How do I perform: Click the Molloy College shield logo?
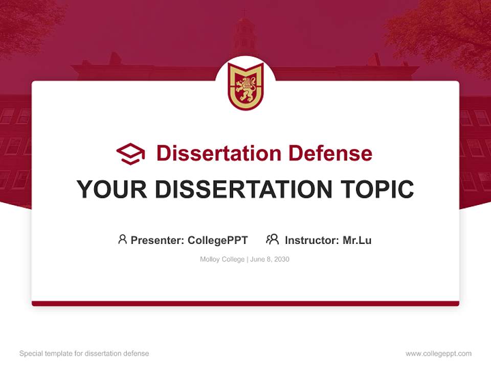pyautogui.click(x=245, y=86)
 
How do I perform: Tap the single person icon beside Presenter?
pyautogui.click(x=122, y=239)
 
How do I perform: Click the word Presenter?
pyautogui.click(x=158, y=240)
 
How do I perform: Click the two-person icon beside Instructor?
pyautogui.click(x=272, y=239)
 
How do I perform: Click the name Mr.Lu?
pyautogui.click(x=357, y=240)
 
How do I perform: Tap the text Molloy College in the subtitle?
pyautogui.click(x=222, y=259)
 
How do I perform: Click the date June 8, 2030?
pyautogui.click(x=270, y=259)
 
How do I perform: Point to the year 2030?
pyautogui.click(x=281, y=259)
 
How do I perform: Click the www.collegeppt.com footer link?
pyautogui.click(x=438, y=354)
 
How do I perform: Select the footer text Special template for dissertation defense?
pyautogui.click(x=84, y=354)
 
